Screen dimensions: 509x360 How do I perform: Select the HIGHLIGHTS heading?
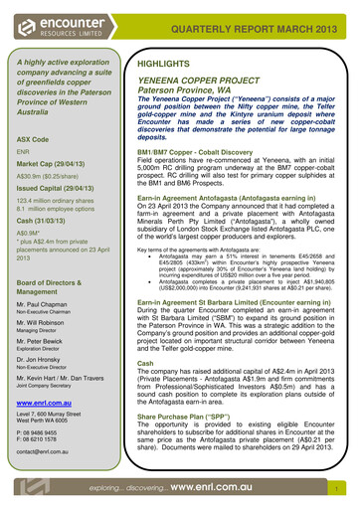tap(163, 63)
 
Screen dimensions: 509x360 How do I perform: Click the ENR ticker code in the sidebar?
tap(24, 151)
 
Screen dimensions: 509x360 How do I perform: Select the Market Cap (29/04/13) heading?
tap(49, 163)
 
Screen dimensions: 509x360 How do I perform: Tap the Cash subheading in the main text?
tap(145, 364)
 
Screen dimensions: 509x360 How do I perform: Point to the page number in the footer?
tap(339, 490)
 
